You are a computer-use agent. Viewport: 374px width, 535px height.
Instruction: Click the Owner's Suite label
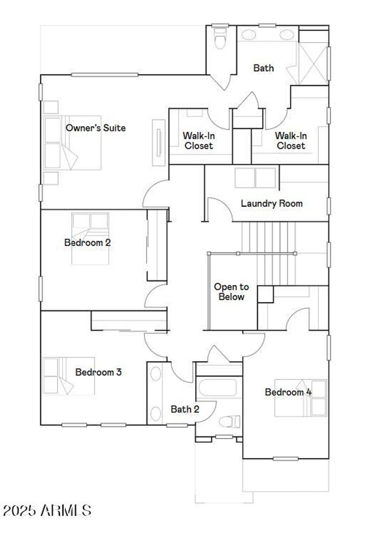(x=96, y=128)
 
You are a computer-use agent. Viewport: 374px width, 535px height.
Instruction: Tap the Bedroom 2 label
(x=87, y=242)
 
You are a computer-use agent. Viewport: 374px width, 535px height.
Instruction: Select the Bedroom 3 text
(x=98, y=372)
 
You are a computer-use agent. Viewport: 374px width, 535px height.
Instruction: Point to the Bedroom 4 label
(x=288, y=392)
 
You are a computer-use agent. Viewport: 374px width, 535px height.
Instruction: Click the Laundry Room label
(x=272, y=203)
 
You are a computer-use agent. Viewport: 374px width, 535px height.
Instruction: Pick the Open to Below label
(x=232, y=292)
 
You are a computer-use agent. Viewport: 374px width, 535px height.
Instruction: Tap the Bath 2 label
(x=185, y=409)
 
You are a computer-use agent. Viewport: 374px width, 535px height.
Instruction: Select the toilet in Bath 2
(x=230, y=421)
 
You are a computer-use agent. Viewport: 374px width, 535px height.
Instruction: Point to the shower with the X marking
(x=313, y=64)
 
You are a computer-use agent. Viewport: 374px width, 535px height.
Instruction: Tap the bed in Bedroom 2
(x=90, y=239)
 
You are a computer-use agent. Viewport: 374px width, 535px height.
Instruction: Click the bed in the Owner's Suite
(x=72, y=143)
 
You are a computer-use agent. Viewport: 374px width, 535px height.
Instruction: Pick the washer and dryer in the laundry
(x=255, y=178)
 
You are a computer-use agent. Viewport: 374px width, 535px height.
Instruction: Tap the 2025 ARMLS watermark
(x=47, y=510)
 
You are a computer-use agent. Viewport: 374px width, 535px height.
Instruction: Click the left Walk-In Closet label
(x=199, y=141)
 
